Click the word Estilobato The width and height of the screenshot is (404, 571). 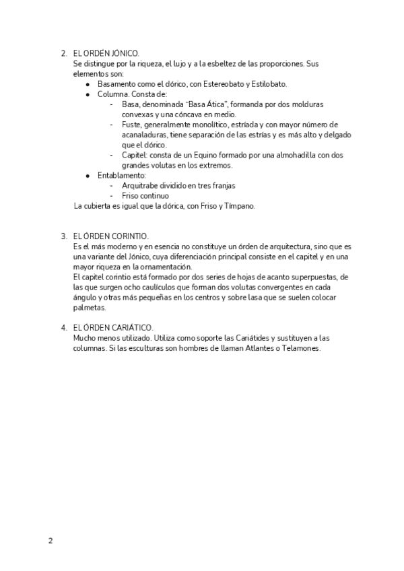tap(267, 84)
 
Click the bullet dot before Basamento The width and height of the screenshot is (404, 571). tap(88, 84)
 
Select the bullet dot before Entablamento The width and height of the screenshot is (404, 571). tap(88, 176)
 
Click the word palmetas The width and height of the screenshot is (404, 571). tap(90, 307)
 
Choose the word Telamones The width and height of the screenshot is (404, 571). tap(302, 348)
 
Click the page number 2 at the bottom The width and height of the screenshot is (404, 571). tap(49, 541)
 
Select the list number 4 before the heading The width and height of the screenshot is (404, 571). tap(63, 327)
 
